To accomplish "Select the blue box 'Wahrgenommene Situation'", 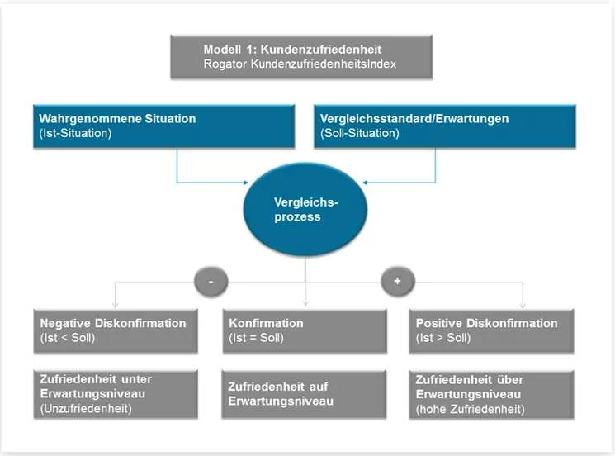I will tap(164, 126).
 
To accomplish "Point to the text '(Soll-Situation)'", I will tap(359, 133).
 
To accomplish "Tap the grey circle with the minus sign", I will tap(211, 282).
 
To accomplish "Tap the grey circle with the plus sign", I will tap(397, 282).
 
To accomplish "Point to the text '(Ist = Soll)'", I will tap(256, 339).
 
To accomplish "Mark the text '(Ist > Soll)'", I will tap(443, 339).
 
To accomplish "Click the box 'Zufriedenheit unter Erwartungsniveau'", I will tap(117, 393).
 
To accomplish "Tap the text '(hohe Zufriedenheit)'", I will tap(470, 408).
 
